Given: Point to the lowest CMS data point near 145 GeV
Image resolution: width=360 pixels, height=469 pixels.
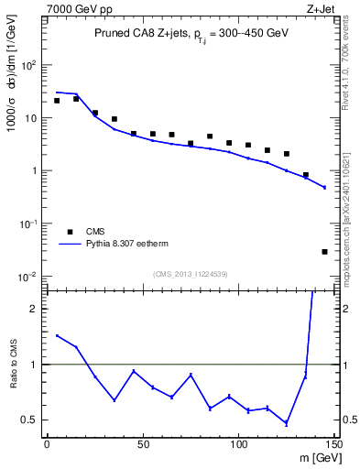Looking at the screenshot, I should point(324,251).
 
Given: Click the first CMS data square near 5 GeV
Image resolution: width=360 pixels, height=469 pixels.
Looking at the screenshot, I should point(57,101).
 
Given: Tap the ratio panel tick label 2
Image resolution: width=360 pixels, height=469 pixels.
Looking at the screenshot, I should point(34,309).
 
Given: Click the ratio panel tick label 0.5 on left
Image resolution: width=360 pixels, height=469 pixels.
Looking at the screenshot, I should point(29,420).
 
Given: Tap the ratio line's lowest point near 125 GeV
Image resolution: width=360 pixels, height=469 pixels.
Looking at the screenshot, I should point(286,423).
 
